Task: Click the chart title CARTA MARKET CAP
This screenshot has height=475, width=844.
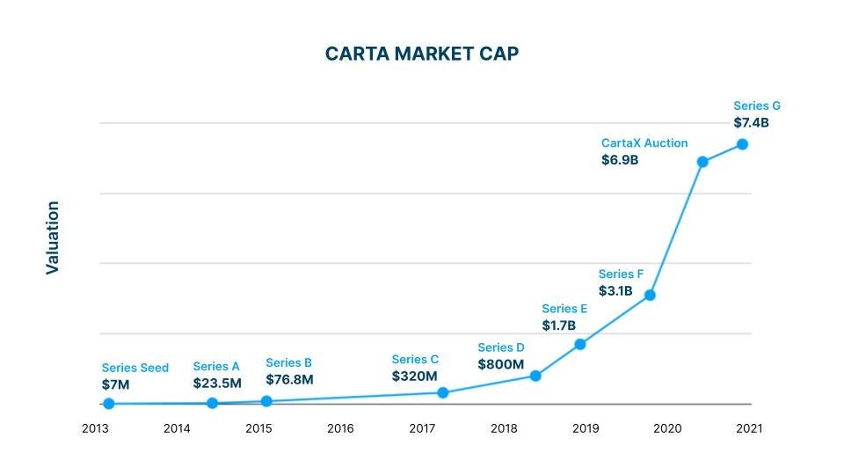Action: (422, 54)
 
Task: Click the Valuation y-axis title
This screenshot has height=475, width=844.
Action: (53, 237)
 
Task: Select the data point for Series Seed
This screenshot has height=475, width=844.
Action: (108, 404)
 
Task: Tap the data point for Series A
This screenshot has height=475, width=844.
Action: (212, 403)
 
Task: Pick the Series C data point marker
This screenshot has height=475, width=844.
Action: (442, 392)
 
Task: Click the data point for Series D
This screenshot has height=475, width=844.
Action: (535, 376)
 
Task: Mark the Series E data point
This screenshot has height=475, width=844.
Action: (580, 344)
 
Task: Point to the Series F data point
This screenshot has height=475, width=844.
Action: (650, 295)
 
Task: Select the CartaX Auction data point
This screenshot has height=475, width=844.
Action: (702, 162)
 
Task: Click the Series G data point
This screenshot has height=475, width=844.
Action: (742, 144)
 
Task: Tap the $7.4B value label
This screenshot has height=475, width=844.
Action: (751, 123)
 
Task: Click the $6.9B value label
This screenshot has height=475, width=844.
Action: (620, 160)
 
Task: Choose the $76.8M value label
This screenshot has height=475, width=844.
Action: (289, 380)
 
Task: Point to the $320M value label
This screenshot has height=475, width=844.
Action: (414, 376)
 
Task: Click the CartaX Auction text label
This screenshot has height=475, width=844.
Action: (644, 142)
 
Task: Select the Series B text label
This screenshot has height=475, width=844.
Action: (288, 362)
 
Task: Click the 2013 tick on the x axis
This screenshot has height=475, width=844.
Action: (95, 428)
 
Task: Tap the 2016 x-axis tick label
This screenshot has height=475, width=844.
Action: (340, 428)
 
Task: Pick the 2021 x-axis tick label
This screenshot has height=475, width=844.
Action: (749, 428)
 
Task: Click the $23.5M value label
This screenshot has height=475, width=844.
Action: (217, 384)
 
